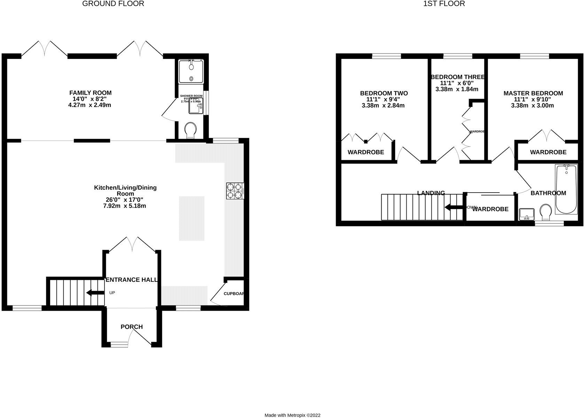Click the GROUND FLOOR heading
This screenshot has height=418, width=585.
pos(113,4)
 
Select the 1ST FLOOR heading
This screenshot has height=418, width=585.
pos(444,4)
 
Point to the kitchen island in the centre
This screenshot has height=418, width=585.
pos(192,218)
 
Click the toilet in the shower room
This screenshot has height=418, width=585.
pos(190,130)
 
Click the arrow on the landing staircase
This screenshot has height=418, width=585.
pos(453,208)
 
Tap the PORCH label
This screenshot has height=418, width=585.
pos(132,327)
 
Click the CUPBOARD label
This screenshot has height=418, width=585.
pos(234,294)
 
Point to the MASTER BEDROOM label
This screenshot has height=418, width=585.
pos(533,93)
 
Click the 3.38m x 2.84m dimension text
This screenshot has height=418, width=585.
pos(383,105)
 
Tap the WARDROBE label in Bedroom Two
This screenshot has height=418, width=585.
pos(366,152)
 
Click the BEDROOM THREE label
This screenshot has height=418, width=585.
pos(457,77)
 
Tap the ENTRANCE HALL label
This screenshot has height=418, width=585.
pos(132,280)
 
